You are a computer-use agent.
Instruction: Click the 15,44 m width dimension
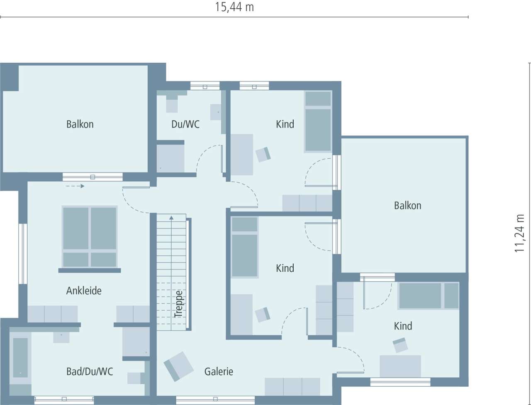234,7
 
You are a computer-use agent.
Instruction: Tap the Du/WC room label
185,124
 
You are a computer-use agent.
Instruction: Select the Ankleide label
84,291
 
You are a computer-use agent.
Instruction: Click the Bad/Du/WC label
90,371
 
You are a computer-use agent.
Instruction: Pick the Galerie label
219,371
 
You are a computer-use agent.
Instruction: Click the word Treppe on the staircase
179,304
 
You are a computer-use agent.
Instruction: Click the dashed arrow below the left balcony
75,186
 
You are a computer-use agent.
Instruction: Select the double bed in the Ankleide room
89,237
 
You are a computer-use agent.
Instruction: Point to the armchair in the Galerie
178,366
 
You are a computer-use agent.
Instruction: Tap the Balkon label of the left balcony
80,124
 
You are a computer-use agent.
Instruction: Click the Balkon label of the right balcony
407,206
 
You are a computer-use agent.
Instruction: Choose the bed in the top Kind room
318,121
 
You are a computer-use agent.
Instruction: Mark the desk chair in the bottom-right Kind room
400,345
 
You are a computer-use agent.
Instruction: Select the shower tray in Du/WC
170,158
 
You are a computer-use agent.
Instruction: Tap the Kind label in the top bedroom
285,124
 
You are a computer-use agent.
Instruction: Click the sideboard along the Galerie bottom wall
292,386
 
